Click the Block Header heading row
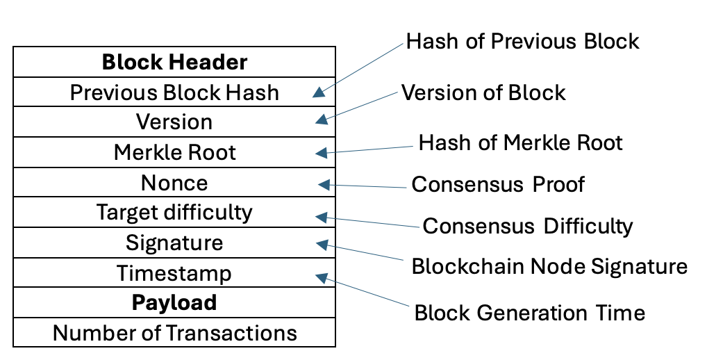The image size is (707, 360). pos(174,63)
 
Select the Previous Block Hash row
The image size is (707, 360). pos(174,92)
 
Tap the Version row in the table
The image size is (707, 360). pos(174,122)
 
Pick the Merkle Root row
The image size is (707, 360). pos(174,152)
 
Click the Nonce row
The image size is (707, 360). pos(174,183)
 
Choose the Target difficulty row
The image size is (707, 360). pos(174,212)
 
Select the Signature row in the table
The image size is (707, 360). pos(174,243)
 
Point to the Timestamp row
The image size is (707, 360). pos(174,273)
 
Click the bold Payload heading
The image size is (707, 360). pos(174,303)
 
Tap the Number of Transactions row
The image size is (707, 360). pos(174,333)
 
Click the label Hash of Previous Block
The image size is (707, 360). pos(522,41)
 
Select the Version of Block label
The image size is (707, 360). pos(484,92)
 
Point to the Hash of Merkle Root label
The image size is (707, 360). pos(520,142)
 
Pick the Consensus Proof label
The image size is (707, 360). pos(498,184)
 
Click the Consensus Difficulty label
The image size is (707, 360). pos(528,226)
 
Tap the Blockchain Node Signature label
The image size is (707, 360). pos(549,267)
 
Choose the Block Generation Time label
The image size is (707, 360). pos(529,313)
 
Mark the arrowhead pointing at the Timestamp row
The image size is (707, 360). pos(321,277)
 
